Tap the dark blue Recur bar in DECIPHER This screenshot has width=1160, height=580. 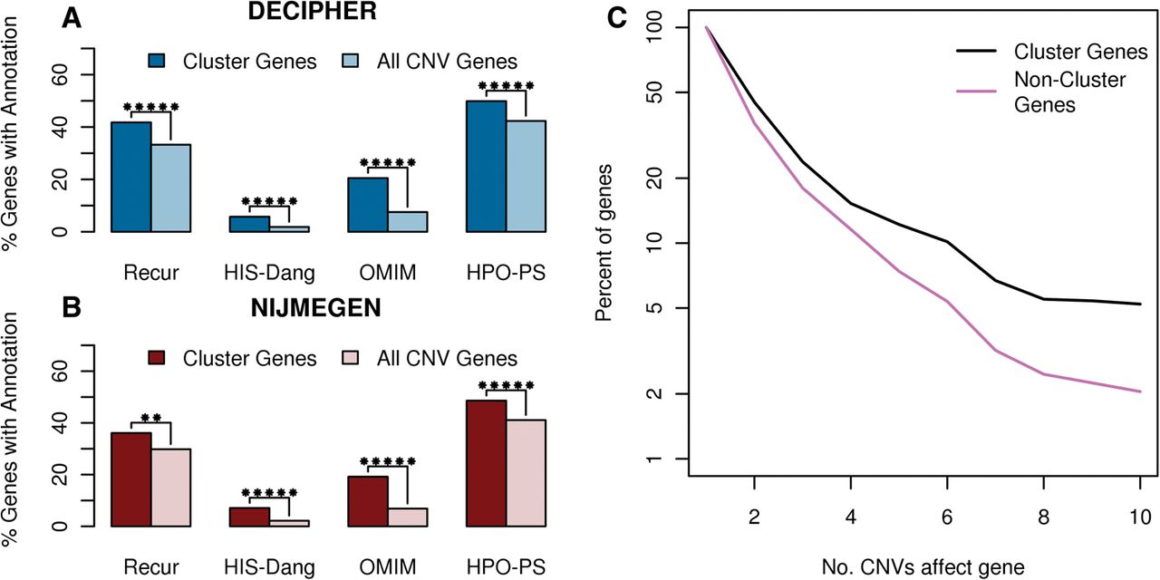tap(130, 177)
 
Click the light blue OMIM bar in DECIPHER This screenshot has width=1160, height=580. tap(408, 221)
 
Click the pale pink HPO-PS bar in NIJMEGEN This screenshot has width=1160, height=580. tap(527, 472)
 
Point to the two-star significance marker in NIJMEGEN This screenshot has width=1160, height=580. tap(150, 419)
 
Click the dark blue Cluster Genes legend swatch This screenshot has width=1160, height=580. tap(159, 62)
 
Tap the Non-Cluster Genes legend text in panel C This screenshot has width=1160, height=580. tap(1069, 92)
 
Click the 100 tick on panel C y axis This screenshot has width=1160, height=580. tap(663, 28)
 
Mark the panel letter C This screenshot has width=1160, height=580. tap(618, 17)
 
